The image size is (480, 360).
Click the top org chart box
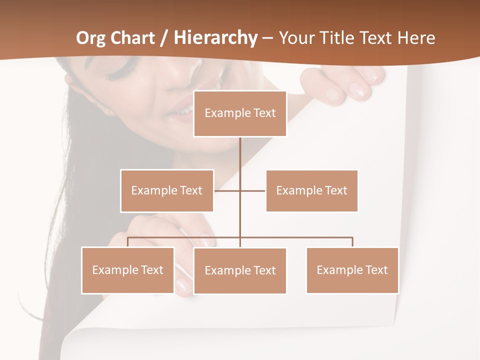[240, 113]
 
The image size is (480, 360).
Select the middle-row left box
[167, 190]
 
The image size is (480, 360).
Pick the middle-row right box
[311, 190]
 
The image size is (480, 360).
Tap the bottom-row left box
[128, 270]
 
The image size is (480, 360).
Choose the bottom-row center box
[240, 270]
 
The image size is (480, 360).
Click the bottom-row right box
[352, 270]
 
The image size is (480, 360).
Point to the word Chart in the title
[133, 38]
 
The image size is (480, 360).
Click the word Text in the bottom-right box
[376, 270]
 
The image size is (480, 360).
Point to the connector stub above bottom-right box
[352, 242]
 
